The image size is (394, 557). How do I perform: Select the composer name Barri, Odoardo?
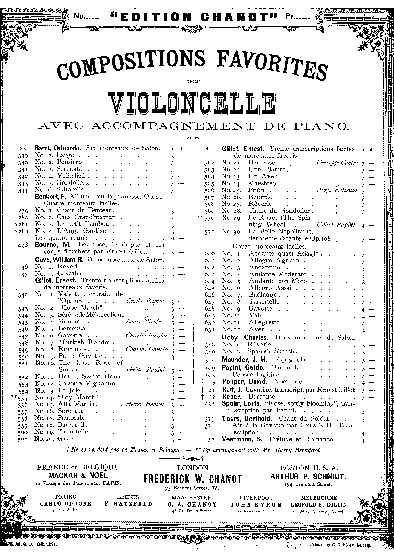click(58, 148)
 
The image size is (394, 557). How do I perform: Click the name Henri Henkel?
click(146, 404)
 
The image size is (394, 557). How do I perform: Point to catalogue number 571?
click(210, 232)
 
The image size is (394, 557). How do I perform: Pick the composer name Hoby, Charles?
click(245, 337)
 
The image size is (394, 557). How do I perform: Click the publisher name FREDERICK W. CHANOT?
click(193, 479)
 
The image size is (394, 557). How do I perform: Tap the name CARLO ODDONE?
click(66, 504)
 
